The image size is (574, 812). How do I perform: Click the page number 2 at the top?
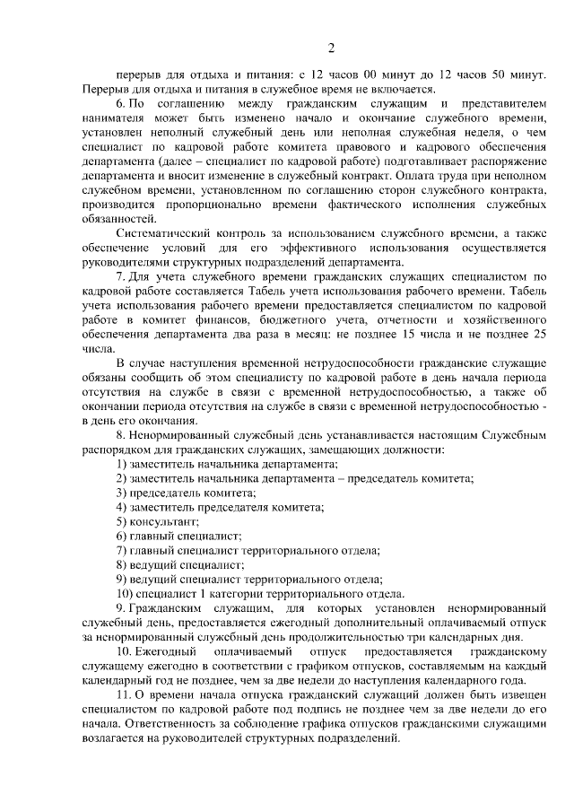[331, 48]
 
